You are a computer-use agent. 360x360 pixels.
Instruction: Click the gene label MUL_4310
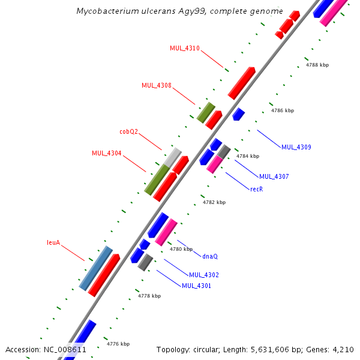coord(185,48)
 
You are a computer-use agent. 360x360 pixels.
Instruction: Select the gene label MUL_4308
coord(157,85)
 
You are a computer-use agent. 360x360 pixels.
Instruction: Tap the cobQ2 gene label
coord(129,131)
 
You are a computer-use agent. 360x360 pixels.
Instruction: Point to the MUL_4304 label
coord(107,153)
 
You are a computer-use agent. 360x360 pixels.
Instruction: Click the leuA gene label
coord(54,243)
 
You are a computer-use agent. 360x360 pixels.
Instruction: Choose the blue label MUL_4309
coord(296,147)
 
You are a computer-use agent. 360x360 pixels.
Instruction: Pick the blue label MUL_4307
coord(274,176)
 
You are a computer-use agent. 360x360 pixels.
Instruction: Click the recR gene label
coord(257,188)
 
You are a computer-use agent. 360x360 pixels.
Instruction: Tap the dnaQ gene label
coord(210,256)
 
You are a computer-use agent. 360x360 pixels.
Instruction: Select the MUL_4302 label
coord(204,275)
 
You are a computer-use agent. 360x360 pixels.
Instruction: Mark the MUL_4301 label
coord(196,286)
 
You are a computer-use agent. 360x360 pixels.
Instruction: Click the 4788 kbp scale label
coord(317,65)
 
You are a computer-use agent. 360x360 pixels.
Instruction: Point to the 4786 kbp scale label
coord(283,110)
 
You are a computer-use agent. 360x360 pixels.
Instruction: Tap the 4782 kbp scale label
coord(214,202)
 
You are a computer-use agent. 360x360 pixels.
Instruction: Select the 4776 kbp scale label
coord(118,344)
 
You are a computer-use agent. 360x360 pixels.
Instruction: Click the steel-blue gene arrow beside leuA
coord(96,268)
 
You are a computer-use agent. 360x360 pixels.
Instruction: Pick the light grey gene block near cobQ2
coord(173,157)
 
